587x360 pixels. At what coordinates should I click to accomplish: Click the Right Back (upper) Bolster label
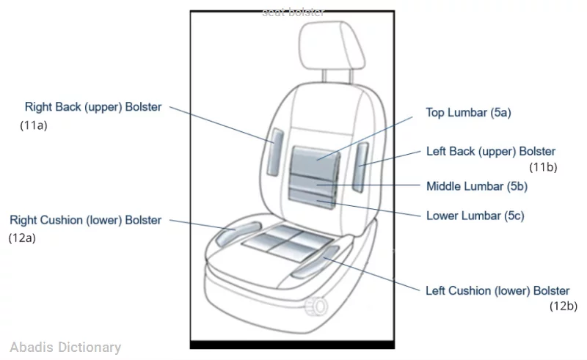tap(93, 107)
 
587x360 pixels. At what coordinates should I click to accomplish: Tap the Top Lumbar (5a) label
tap(468, 113)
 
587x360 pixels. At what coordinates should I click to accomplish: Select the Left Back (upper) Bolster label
tap(491, 152)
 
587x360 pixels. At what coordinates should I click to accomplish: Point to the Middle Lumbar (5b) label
tap(477, 186)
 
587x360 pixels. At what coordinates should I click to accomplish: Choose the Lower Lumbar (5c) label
tap(475, 216)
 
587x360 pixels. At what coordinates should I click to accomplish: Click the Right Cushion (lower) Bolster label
tap(85, 220)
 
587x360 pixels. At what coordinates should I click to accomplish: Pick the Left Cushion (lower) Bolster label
tap(497, 291)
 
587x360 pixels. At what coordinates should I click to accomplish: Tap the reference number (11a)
tap(34, 125)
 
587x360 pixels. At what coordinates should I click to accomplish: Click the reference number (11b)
tap(543, 167)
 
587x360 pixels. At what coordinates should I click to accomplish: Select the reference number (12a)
tap(22, 238)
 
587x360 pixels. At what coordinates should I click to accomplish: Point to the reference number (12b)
tap(563, 306)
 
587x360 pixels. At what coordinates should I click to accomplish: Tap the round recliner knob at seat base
tap(317, 305)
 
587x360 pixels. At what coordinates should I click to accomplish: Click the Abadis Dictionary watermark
tap(65, 348)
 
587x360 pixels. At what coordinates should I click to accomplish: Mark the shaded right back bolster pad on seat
tap(275, 150)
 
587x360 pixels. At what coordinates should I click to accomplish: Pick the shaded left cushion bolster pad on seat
tap(314, 262)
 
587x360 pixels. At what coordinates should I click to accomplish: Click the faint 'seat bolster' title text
tap(293, 12)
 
